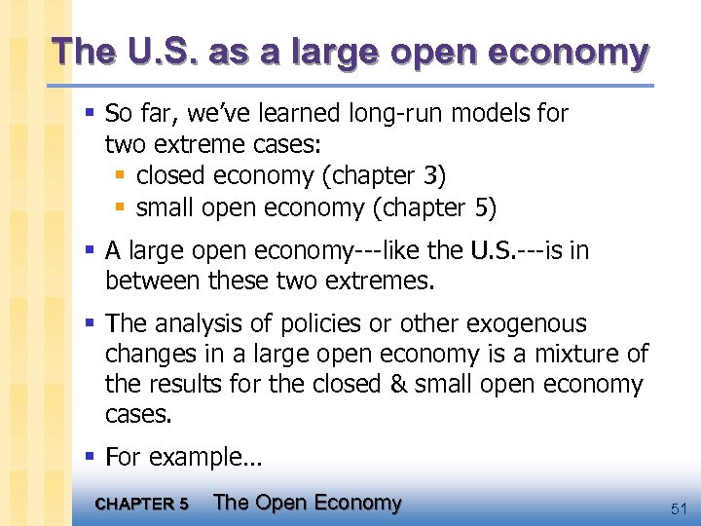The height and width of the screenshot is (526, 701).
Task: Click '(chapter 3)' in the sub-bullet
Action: (x=392, y=176)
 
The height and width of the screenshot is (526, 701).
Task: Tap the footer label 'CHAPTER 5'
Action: (x=143, y=505)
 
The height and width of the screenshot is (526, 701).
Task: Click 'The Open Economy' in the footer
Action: (x=307, y=503)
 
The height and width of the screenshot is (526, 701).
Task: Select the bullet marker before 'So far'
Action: (x=91, y=115)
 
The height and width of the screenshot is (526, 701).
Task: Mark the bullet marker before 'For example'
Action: (x=91, y=457)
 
